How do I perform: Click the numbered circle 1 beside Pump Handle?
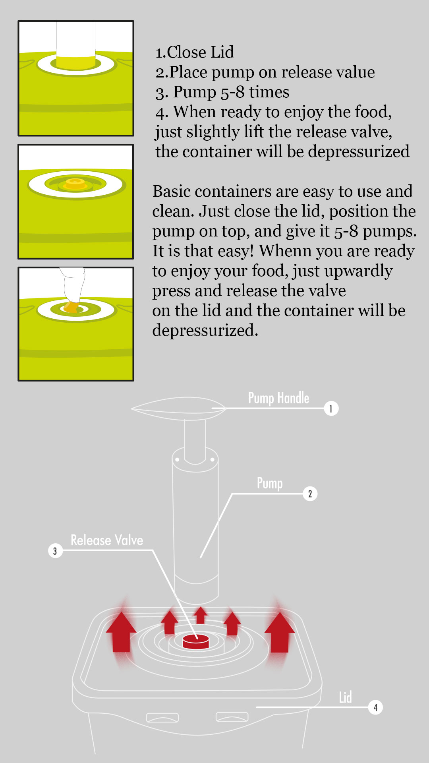tap(331, 409)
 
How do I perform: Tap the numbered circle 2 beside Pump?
tap(310, 494)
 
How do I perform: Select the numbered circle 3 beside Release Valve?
tap(55, 551)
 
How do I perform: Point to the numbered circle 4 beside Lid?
tap(375, 707)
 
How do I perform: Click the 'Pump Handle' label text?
tap(278, 398)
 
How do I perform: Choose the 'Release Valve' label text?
tap(107, 540)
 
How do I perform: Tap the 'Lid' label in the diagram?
tap(345, 697)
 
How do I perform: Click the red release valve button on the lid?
tap(196, 641)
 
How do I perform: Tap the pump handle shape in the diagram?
tap(178, 409)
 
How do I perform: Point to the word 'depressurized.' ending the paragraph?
tap(205, 330)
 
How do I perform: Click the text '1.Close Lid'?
tap(195, 52)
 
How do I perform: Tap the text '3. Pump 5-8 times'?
tap(222, 92)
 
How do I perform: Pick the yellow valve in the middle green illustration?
tap(75, 184)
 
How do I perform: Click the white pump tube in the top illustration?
tap(75, 44)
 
